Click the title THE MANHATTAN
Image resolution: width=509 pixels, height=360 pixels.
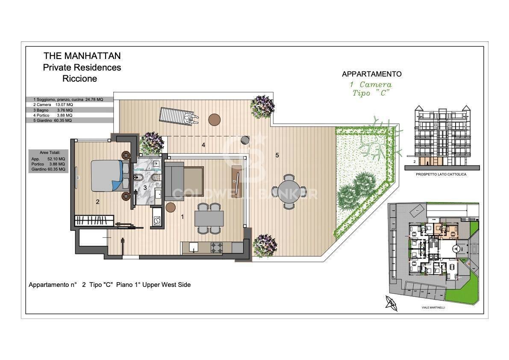(x=82, y=56)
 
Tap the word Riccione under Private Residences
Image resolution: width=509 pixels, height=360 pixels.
(x=79, y=79)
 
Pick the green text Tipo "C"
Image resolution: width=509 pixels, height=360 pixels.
(x=371, y=94)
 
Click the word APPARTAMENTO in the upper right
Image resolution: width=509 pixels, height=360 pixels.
(x=371, y=74)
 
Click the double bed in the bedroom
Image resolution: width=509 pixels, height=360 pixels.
(x=108, y=175)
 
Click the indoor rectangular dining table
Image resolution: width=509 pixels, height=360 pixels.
(x=209, y=218)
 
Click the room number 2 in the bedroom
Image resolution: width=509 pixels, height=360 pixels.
(x=98, y=202)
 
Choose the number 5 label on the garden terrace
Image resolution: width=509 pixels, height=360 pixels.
(x=277, y=155)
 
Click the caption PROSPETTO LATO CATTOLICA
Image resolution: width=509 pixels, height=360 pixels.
(x=441, y=175)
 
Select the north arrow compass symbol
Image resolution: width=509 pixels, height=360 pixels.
(x=391, y=303)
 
